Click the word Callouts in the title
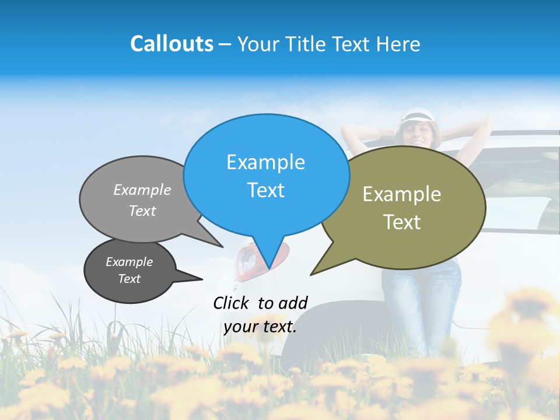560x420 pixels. click(x=171, y=44)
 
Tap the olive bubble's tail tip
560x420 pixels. click(x=311, y=274)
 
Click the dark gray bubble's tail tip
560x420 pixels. click(x=202, y=279)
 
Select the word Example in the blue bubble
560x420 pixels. click(x=265, y=162)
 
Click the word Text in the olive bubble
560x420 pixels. click(x=402, y=222)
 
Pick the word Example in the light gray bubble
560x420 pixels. click(x=142, y=190)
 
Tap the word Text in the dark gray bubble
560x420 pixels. click(x=129, y=279)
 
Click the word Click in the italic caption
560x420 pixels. click(x=232, y=302)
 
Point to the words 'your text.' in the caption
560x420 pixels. click(x=260, y=327)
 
